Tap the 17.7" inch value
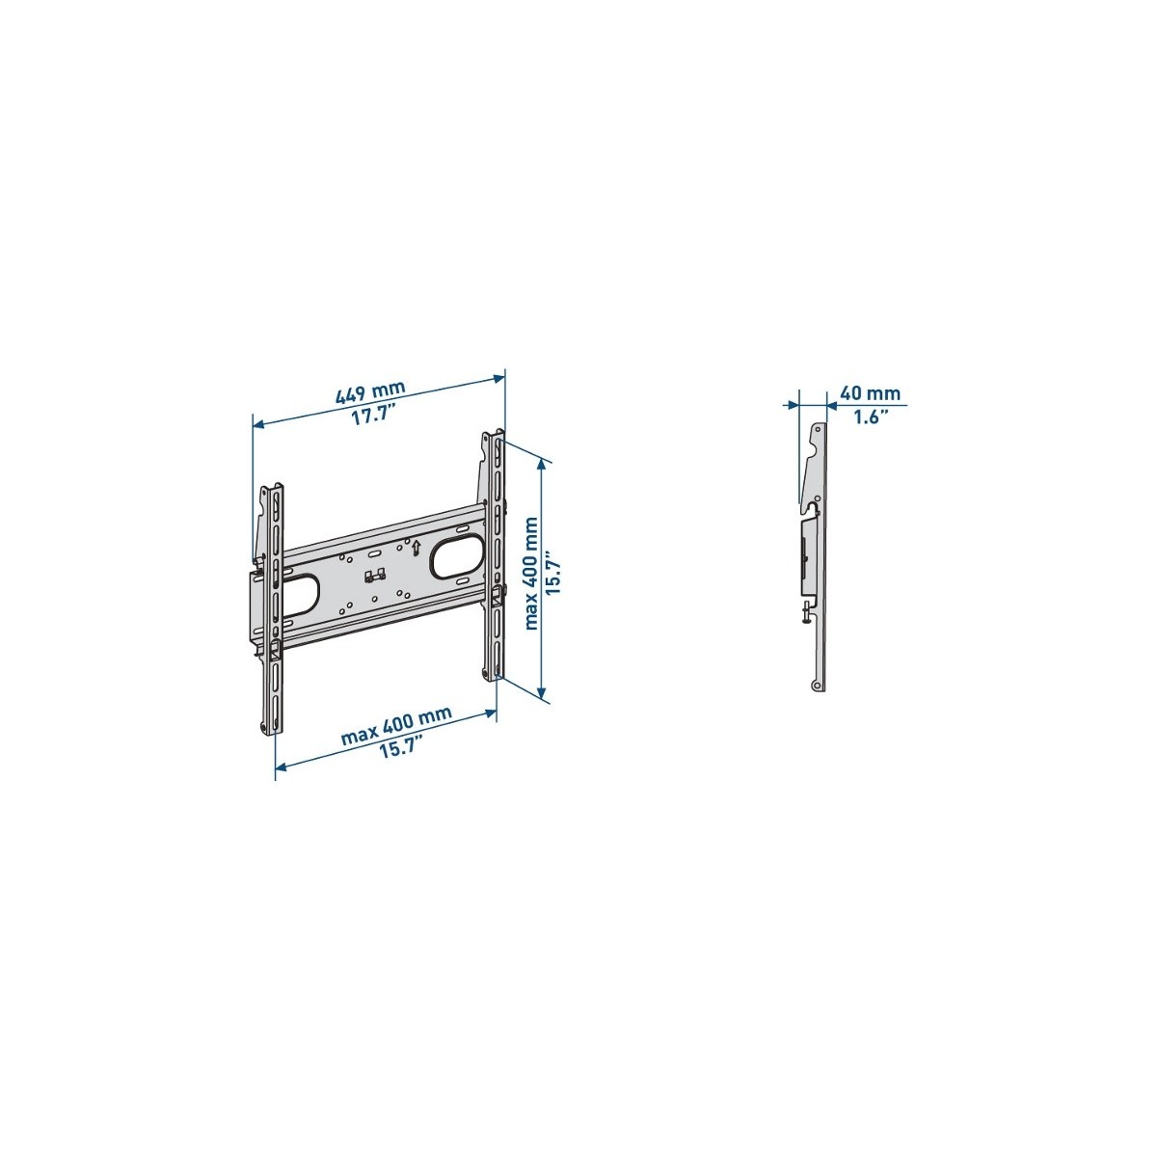click(x=373, y=415)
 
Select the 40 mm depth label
click(x=870, y=394)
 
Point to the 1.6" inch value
click(x=871, y=417)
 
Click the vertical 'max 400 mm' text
click(x=531, y=574)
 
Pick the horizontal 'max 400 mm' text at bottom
click(x=396, y=725)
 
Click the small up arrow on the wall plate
click(x=415, y=548)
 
